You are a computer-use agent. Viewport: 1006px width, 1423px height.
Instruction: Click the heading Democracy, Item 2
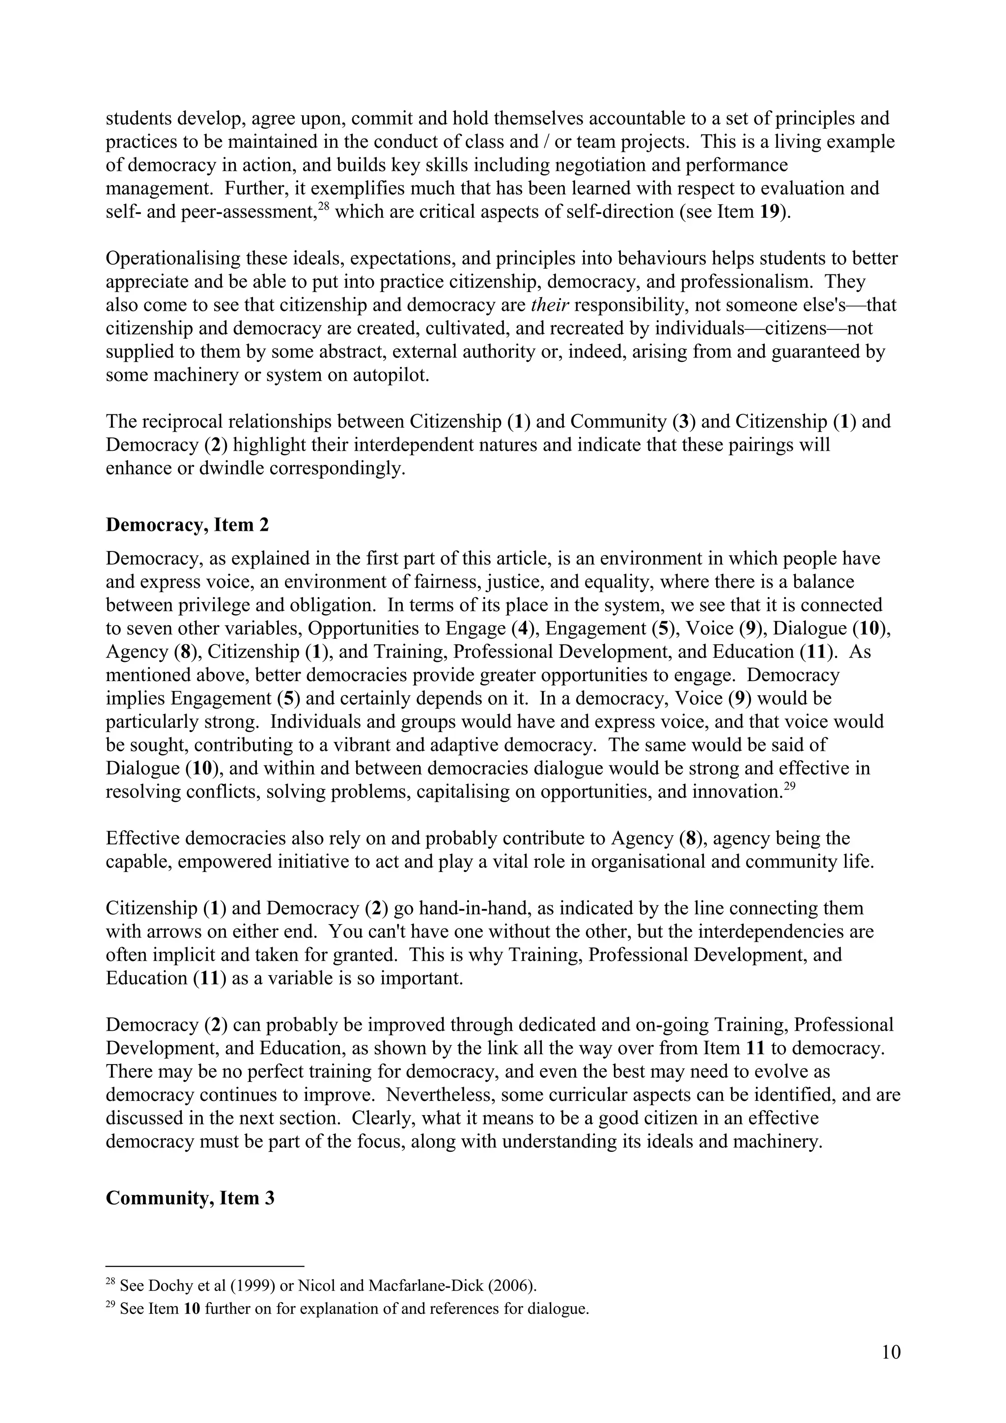tap(187, 525)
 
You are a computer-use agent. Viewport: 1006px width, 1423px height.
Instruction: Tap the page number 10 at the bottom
tap(891, 1352)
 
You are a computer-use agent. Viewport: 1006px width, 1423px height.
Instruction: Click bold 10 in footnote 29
tap(192, 1309)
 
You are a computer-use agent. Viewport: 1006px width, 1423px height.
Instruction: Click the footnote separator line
tap(204, 1266)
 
